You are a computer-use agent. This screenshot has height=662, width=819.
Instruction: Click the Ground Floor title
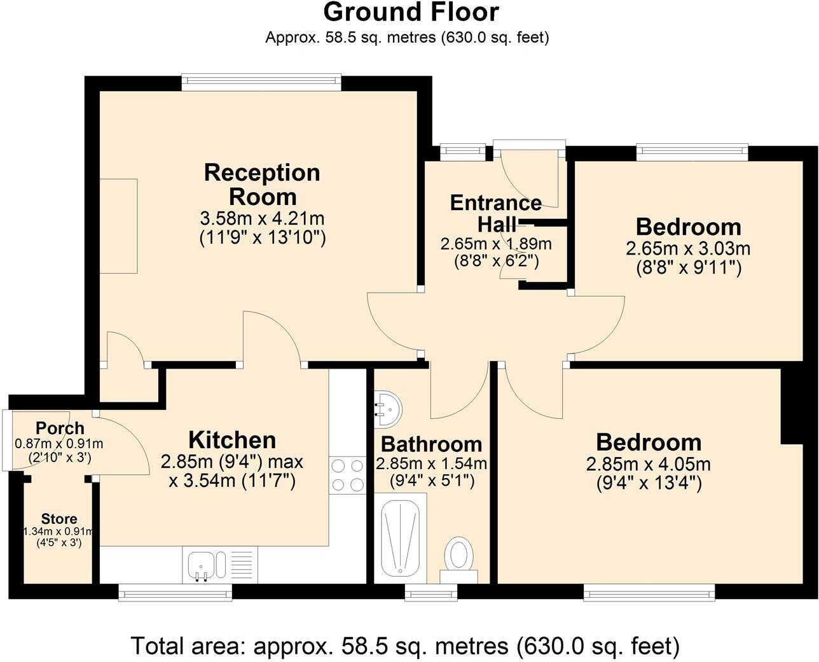[411, 12]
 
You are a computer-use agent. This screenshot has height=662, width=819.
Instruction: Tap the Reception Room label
[262, 185]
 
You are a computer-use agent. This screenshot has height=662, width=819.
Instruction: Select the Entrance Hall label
[496, 213]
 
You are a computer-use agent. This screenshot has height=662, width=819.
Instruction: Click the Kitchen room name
[232, 440]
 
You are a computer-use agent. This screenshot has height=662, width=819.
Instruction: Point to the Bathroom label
[431, 444]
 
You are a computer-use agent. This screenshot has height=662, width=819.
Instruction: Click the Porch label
[60, 428]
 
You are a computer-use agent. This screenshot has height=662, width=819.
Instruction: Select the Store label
[59, 519]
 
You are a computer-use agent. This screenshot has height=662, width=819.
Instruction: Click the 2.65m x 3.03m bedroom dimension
[689, 248]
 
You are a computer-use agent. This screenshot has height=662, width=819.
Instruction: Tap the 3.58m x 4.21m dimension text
[262, 219]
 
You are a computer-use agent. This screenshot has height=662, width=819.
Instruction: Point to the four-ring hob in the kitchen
[347, 475]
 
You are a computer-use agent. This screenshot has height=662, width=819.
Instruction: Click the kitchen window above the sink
[175, 593]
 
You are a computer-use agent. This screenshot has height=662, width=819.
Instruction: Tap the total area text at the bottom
[405, 645]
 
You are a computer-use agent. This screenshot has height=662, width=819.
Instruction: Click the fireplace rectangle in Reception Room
[118, 226]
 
